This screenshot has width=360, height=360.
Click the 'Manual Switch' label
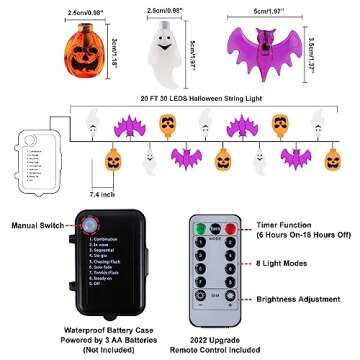pyautogui.click(x=36, y=227)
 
